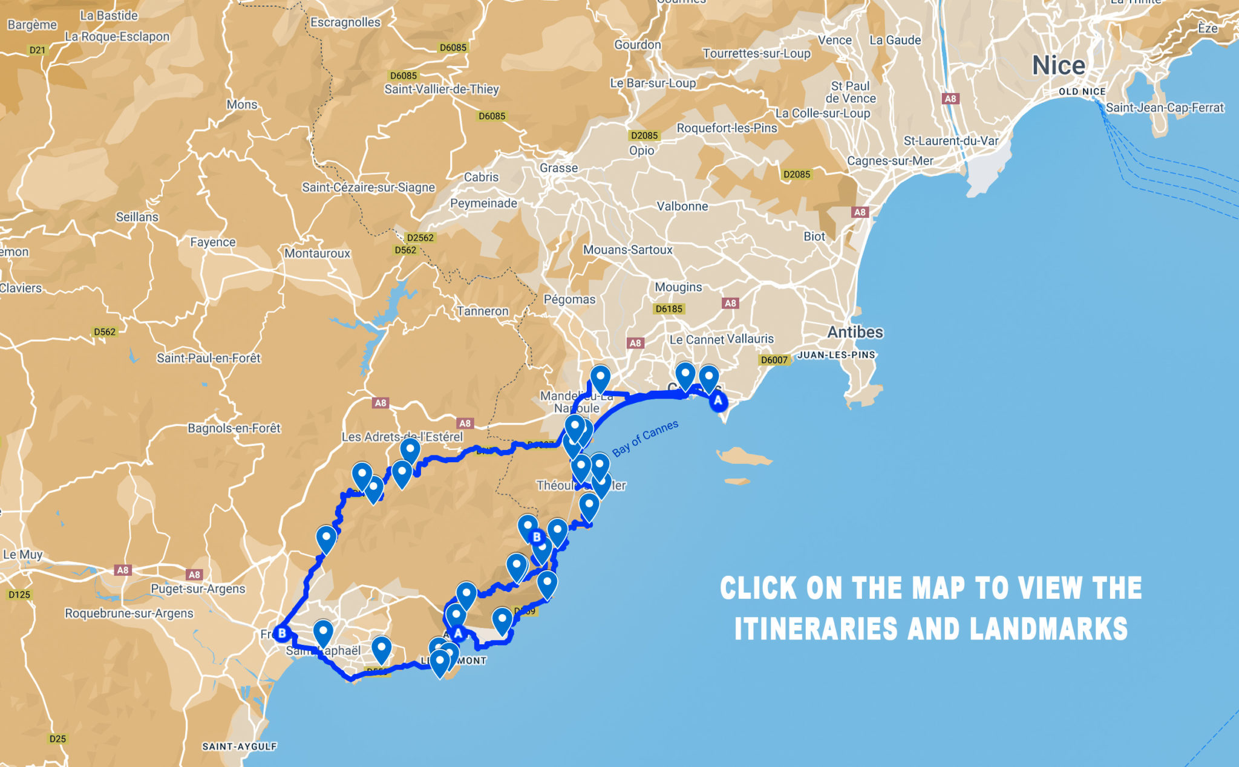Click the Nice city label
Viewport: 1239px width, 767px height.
1058,65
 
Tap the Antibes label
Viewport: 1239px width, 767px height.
855,332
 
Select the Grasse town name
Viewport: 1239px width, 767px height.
558,168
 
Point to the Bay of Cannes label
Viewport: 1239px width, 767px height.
645,439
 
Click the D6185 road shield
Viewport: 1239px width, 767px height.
669,309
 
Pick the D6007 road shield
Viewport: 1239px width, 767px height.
774,360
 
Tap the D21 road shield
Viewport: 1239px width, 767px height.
38,50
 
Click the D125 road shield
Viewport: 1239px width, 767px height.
19,595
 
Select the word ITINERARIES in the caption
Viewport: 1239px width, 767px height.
816,629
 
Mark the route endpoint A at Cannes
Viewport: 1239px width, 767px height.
718,400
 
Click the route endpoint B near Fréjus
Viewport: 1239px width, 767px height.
281,634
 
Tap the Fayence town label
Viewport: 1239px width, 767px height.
213,243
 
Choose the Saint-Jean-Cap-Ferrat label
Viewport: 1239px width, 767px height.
1165,108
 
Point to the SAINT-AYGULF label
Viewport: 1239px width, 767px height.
239,746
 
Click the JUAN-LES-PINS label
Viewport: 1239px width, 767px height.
836,355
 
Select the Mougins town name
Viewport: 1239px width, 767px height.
678,287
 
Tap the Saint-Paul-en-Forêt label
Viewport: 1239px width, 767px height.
209,358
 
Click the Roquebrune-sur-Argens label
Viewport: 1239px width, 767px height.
129,613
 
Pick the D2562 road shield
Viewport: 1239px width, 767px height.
420,238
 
